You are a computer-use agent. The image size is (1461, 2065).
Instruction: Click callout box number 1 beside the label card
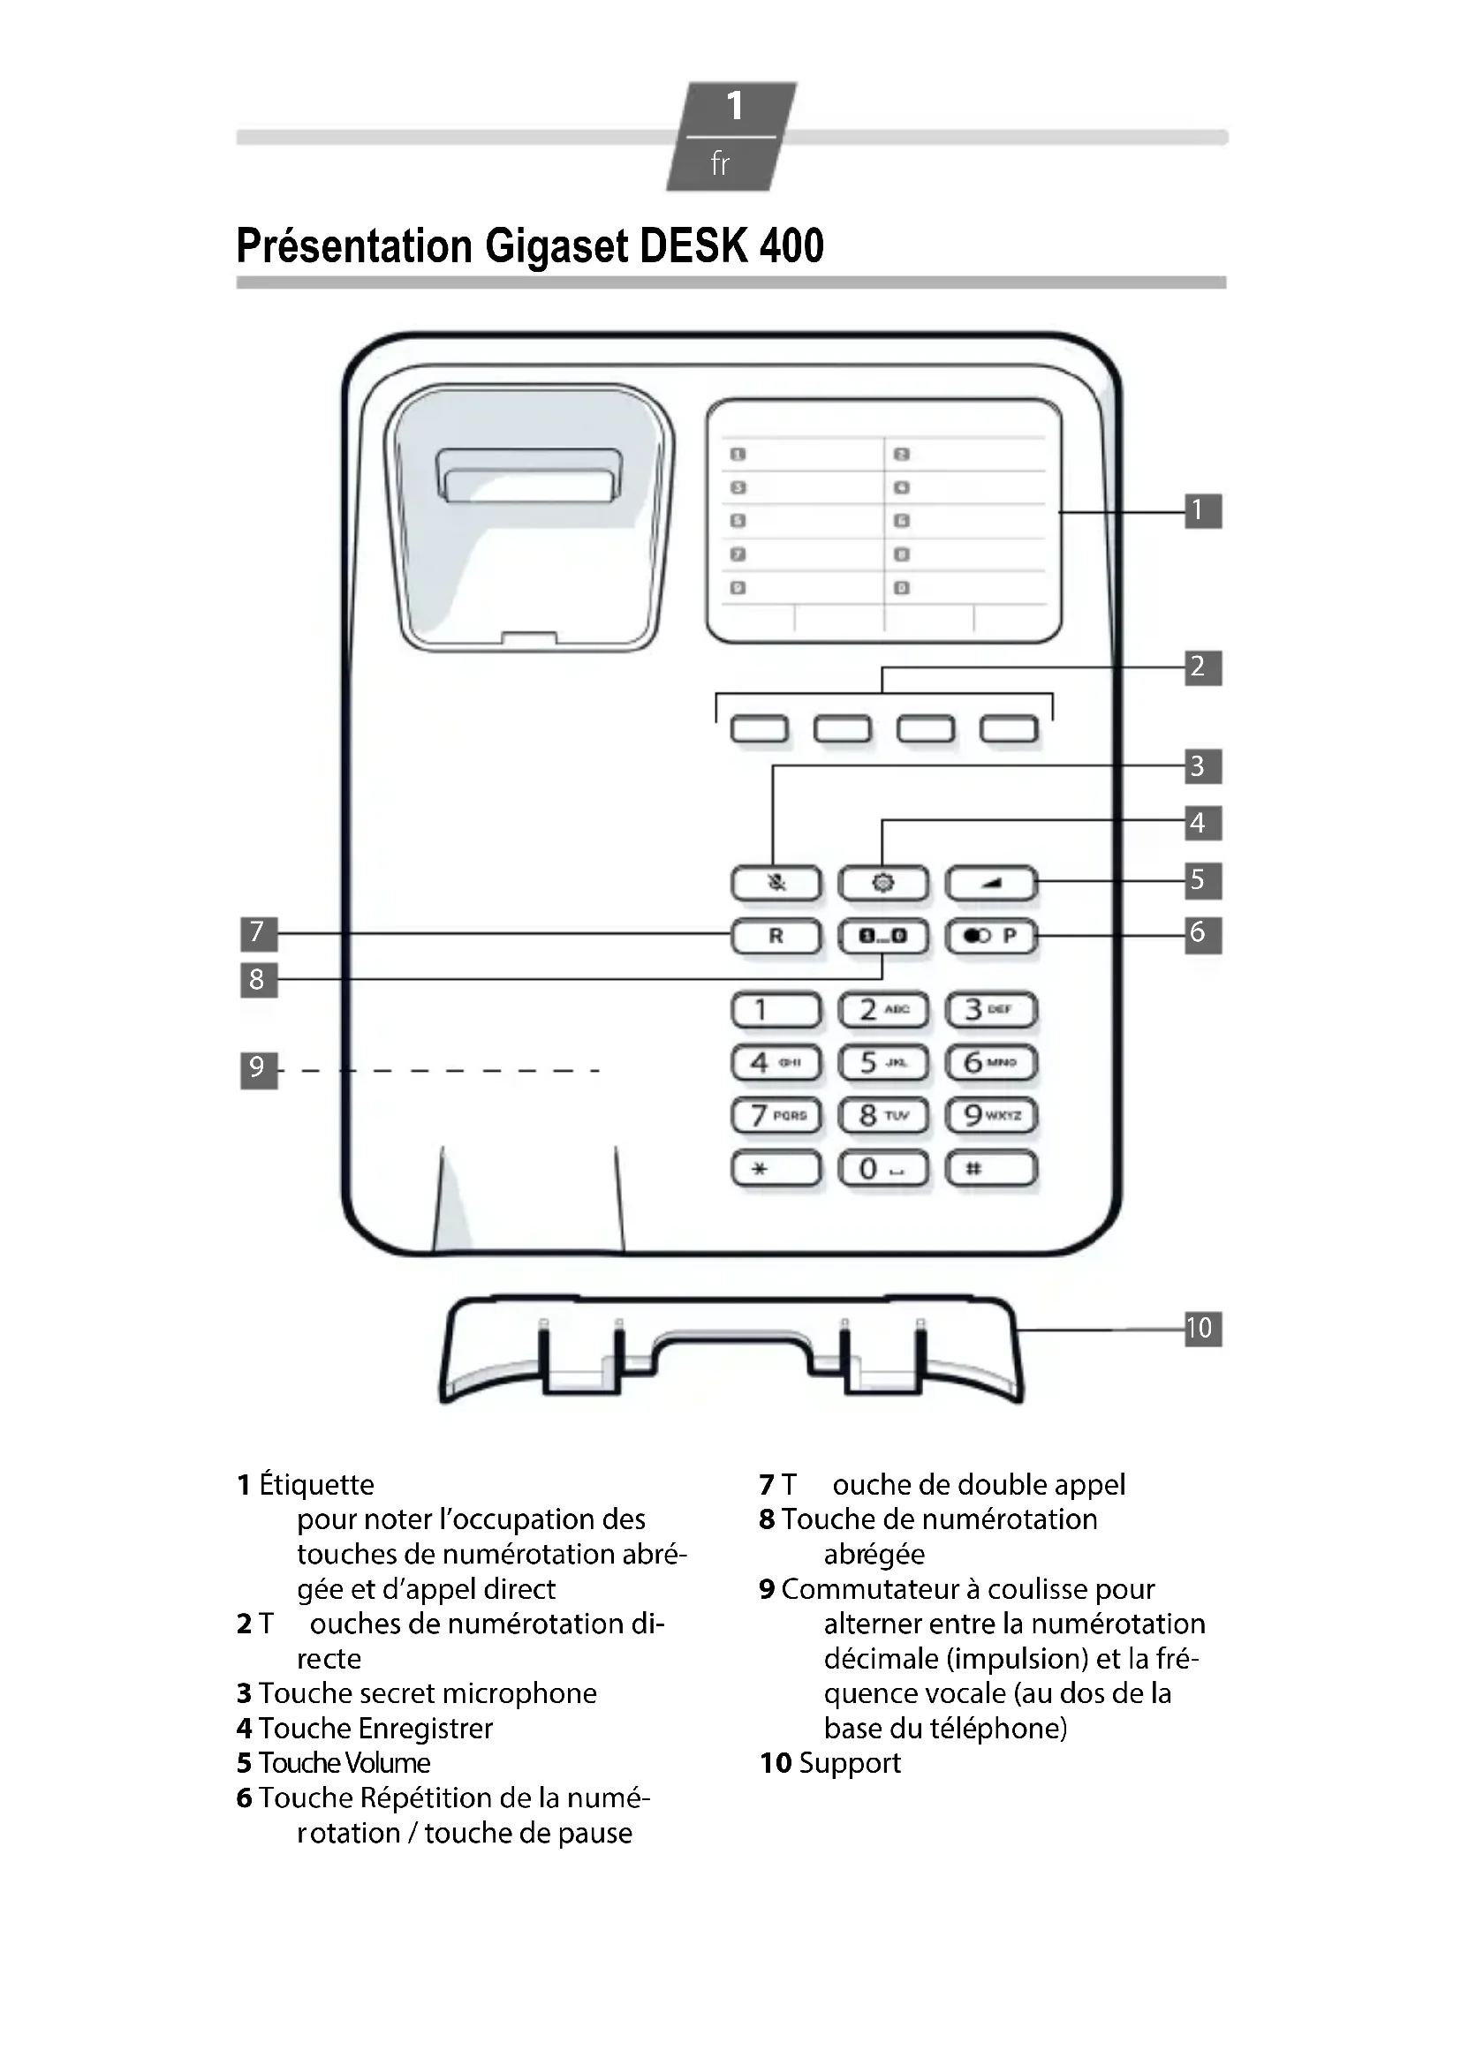1202,511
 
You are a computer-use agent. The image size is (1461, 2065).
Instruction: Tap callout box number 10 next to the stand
1202,1329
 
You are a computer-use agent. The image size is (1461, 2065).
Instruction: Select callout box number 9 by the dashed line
258,1069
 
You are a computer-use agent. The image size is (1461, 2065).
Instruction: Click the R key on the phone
776,936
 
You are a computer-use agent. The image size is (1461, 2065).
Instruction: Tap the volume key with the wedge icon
990,883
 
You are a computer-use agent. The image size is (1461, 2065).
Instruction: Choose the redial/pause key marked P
990,936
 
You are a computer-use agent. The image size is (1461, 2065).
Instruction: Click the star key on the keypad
776,1169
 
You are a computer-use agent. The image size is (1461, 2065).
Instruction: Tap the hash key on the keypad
990,1169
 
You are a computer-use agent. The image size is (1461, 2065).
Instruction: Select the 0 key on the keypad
882,1169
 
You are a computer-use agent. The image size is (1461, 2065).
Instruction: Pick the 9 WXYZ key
990,1116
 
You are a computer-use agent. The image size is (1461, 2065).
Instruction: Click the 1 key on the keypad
776,1010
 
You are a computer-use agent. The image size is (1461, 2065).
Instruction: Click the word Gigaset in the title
556,246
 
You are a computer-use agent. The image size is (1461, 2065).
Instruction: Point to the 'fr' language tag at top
720,163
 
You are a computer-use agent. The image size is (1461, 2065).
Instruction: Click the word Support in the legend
849,1763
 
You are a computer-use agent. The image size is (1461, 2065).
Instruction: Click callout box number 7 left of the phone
258,932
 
